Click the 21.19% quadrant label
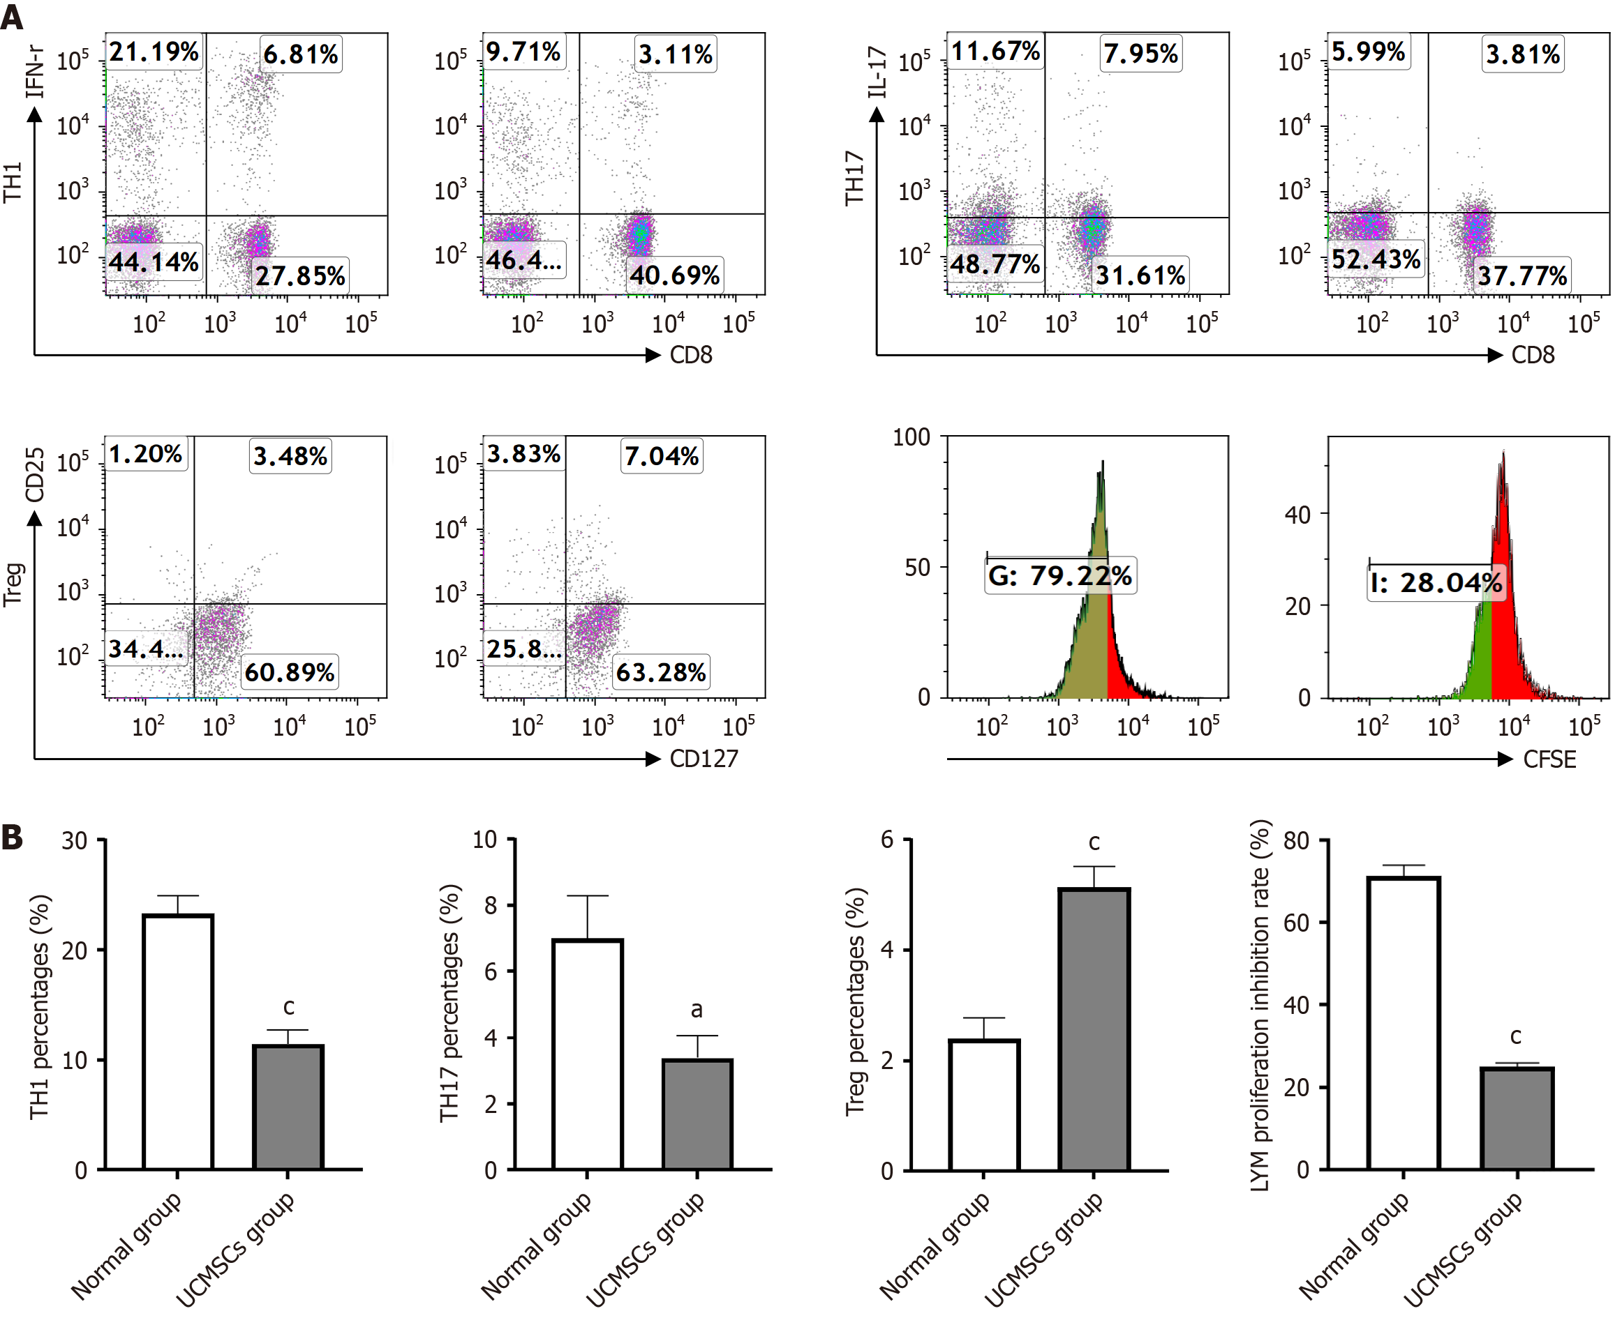point(154,52)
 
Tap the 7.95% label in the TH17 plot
point(1140,54)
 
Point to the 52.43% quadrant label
point(1375,259)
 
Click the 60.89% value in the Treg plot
point(290,672)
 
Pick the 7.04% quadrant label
point(661,455)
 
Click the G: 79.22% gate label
point(1059,575)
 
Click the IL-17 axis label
point(877,72)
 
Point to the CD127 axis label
point(704,759)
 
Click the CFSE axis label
point(1549,759)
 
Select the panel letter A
point(12,17)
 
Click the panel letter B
point(12,838)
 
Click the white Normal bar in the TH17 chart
point(587,1054)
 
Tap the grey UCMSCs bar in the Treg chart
point(1094,1029)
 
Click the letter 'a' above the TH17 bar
point(697,1010)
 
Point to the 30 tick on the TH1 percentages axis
point(75,840)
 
